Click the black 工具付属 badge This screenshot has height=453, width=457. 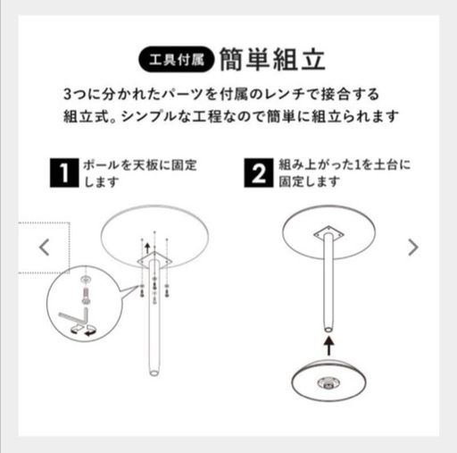coord(176,60)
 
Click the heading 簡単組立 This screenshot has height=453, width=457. coord(272,60)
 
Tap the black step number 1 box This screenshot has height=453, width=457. coord(64,172)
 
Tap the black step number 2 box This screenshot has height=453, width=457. coord(259,172)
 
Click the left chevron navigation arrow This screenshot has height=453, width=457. coord(45,247)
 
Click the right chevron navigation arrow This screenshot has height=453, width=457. coord(413,247)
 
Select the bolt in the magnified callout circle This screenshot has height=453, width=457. coord(86,296)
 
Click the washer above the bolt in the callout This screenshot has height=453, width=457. coord(86,280)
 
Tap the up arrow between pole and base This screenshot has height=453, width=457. coord(328,346)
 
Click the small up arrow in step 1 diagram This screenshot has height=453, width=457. coord(147,248)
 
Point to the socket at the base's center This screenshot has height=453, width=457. coord(328,383)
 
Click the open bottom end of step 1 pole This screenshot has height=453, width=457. coord(154,373)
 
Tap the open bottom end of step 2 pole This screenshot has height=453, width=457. coord(328,330)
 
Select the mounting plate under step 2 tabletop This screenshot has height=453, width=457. coord(328,233)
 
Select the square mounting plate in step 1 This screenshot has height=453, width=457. coord(154,261)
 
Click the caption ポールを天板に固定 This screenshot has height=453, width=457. coord(140,164)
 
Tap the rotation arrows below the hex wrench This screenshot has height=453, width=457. coord(83,331)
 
